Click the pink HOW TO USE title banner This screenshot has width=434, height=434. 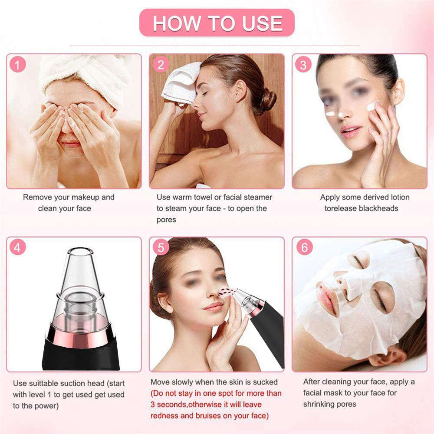click(x=217, y=23)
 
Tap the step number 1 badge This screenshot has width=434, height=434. click(x=17, y=65)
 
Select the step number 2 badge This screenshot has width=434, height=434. click(x=161, y=65)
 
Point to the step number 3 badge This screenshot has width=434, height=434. click(x=303, y=65)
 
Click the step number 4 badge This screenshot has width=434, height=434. click(x=17, y=248)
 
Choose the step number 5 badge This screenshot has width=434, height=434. click(x=161, y=248)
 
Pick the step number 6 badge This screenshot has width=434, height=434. click(x=304, y=248)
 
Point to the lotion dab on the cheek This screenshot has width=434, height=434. click(x=372, y=106)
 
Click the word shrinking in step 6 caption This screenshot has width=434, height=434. click(x=319, y=404)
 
